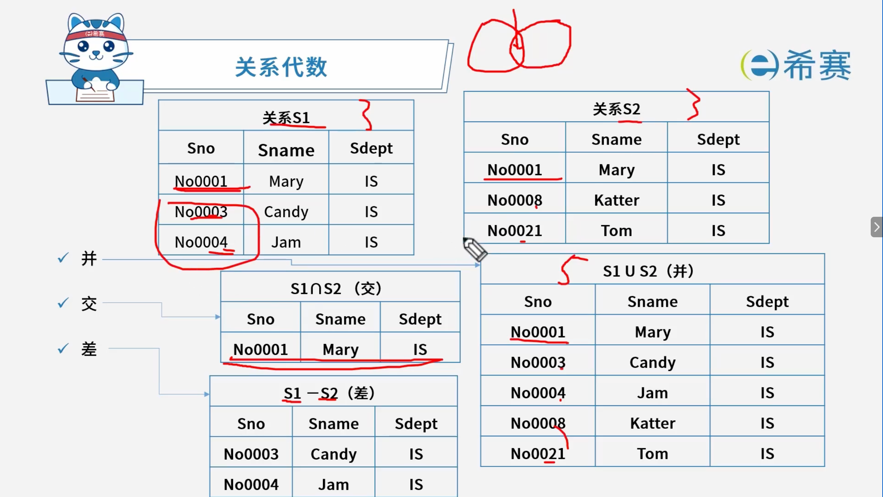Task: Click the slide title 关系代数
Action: (281, 67)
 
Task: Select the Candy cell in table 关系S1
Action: (286, 212)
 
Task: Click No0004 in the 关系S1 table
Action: (201, 242)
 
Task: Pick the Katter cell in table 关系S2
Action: (617, 200)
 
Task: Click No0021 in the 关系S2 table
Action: (515, 230)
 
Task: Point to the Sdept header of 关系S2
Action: (718, 139)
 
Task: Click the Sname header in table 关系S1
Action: (286, 150)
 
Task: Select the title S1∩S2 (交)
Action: (336, 288)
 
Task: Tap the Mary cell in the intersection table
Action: (340, 349)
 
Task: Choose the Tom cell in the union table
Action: (653, 453)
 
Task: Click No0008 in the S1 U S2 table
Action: (538, 423)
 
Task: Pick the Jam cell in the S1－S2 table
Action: (334, 484)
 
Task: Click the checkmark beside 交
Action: (63, 303)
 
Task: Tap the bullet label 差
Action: (89, 349)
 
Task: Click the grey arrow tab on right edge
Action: (877, 227)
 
